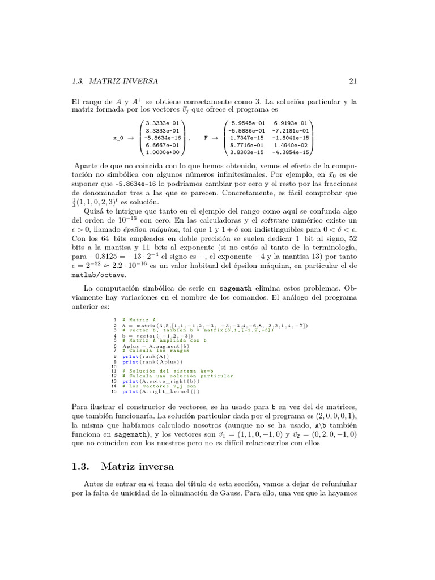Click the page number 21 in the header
coord(352,81)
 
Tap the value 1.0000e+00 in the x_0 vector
coord(161,152)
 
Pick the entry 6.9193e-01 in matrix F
coord(291,123)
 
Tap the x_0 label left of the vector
coord(119,138)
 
